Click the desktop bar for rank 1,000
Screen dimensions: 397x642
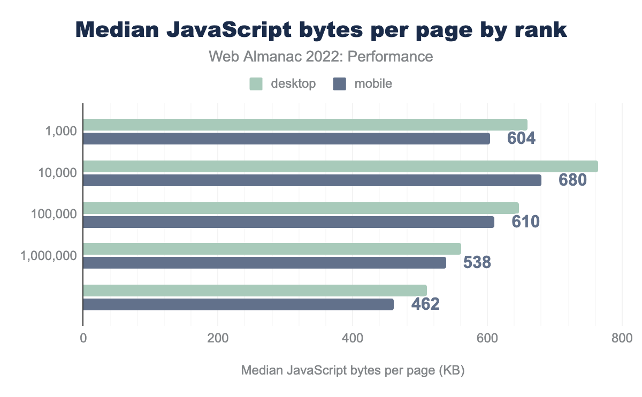(305, 125)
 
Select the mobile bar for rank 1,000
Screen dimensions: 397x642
(286, 139)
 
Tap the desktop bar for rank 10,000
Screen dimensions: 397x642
(340, 166)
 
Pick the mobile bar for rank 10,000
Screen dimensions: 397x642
(312, 180)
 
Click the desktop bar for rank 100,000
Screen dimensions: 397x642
(301, 208)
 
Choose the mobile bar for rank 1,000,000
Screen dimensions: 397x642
(264, 263)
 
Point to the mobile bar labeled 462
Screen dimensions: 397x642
(238, 304)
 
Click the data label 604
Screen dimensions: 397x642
(521, 139)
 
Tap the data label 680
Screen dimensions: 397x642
(572, 180)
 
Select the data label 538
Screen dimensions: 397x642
(477, 263)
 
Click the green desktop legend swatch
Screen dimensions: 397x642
(256, 83)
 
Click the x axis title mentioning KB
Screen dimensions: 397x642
(353, 370)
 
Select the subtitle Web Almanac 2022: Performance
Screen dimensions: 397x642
(320, 56)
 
